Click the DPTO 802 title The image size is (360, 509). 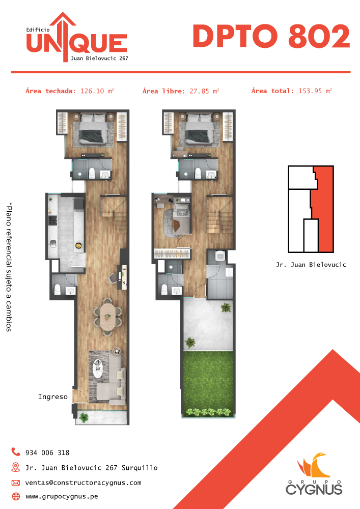(271, 36)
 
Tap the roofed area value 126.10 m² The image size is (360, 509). (97, 91)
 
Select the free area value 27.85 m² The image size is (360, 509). (204, 91)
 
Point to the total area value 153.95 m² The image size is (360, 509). (315, 91)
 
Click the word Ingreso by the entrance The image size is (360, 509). (53, 397)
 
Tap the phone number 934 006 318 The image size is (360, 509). (47, 453)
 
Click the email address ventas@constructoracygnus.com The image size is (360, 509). (84, 483)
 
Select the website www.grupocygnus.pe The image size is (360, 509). (62, 496)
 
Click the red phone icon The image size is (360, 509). (16, 451)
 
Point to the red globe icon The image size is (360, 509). (16, 496)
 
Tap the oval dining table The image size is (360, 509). (107, 317)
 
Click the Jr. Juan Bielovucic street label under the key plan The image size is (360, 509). (311, 265)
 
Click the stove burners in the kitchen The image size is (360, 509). (53, 221)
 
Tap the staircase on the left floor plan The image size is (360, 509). (113, 214)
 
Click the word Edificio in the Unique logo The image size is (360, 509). (38, 30)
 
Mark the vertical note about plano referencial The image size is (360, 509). (9, 267)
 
